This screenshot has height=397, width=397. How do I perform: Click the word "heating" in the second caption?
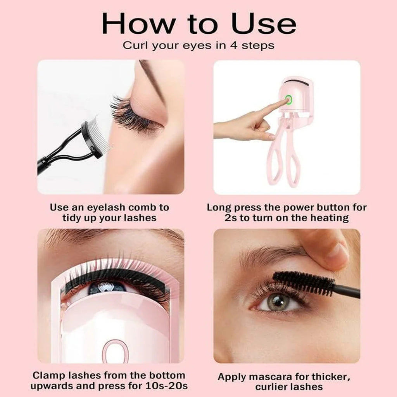click(x=329, y=218)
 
